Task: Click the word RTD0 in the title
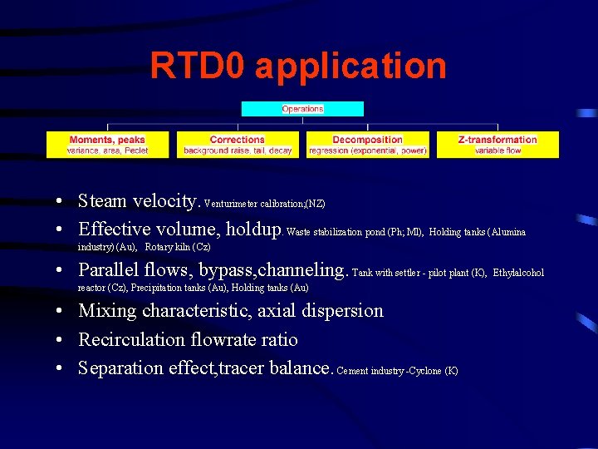pos(197,66)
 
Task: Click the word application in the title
pos(350,67)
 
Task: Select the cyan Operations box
pos(302,109)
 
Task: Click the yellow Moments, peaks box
pos(107,145)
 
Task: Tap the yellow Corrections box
pos(238,145)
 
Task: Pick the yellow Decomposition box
pos(367,145)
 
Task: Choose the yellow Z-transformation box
pos(498,145)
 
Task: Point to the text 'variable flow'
pos(498,150)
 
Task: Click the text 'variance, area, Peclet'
pos(107,150)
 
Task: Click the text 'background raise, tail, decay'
pos(238,150)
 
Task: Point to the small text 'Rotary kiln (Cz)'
pos(178,247)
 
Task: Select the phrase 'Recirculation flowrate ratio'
pos(188,339)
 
